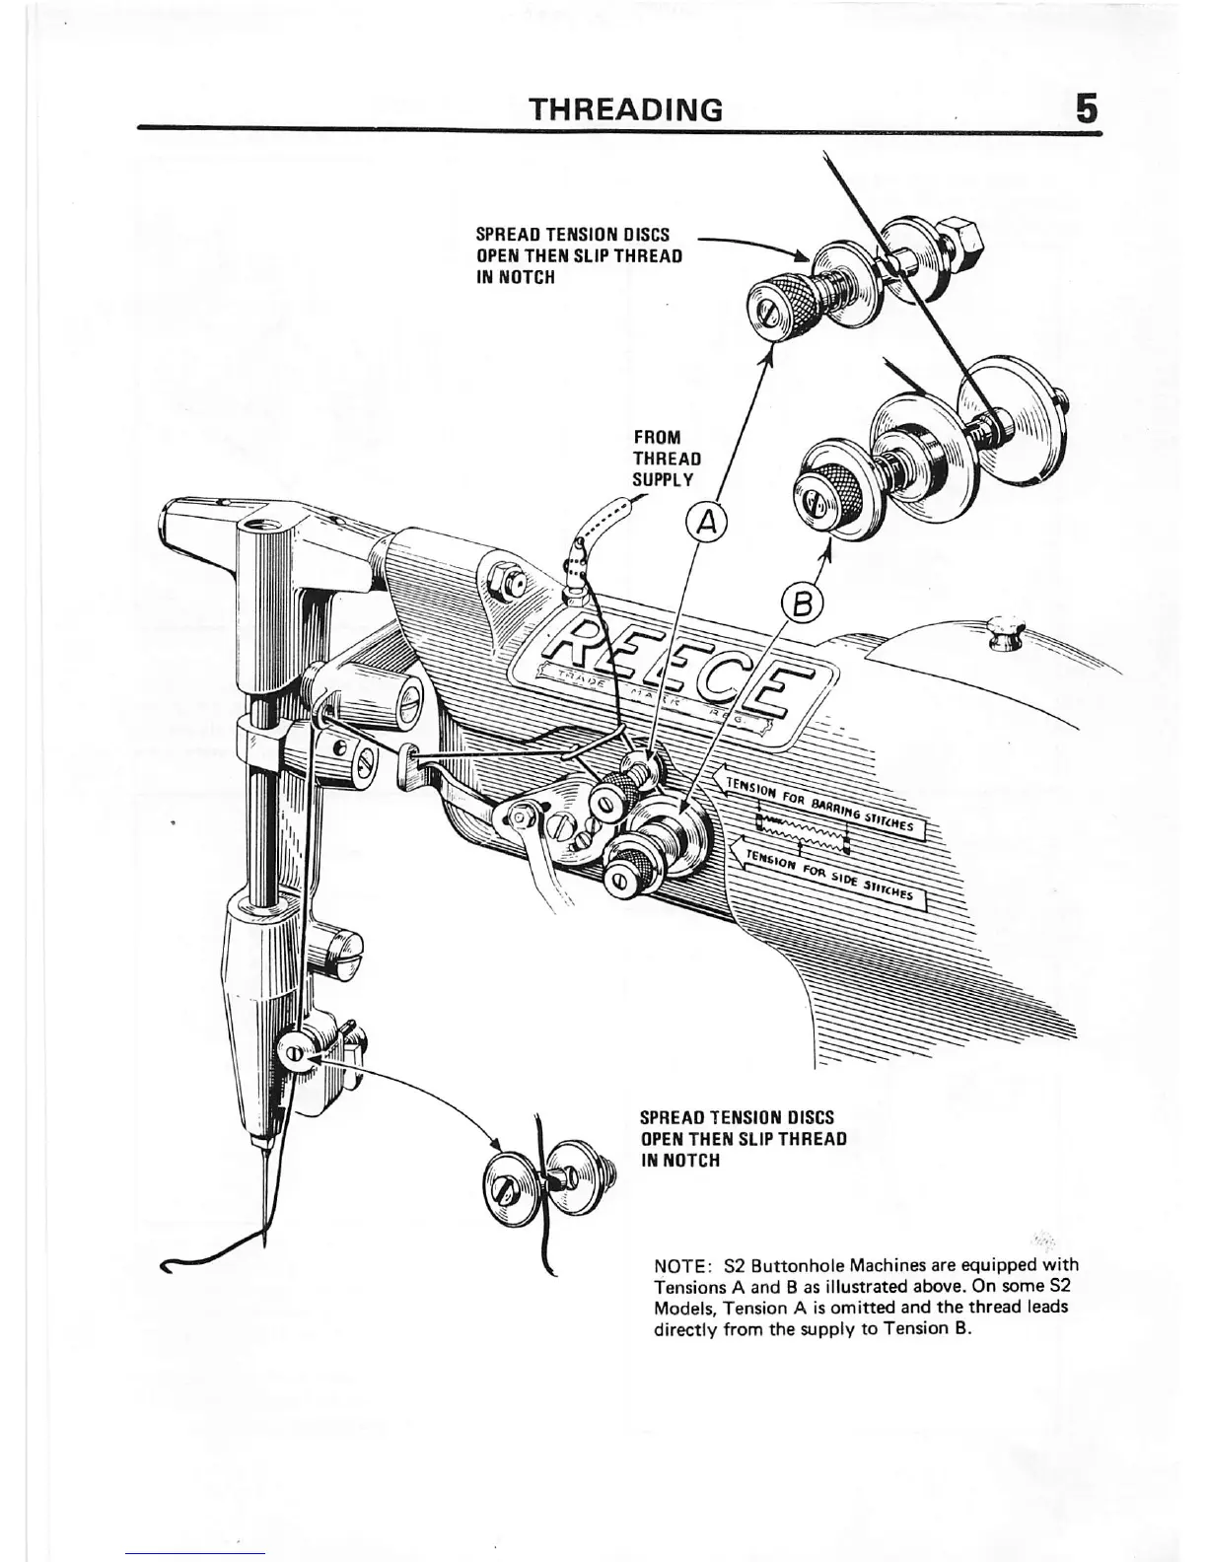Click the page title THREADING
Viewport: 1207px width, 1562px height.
626,107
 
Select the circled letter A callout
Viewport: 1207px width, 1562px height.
706,522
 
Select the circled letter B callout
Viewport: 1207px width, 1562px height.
801,602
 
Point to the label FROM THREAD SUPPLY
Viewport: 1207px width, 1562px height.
666,459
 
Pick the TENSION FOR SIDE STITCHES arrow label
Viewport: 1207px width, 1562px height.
828,872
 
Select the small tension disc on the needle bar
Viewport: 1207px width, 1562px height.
293,1053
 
